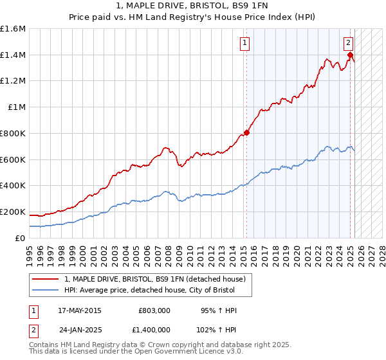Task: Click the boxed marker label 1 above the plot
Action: [x=245, y=44]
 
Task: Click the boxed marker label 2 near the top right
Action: [x=348, y=44]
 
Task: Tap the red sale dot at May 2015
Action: [x=246, y=133]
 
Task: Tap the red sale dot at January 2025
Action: [x=351, y=55]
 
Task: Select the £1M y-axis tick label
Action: [x=17, y=107]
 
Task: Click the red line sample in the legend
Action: [x=46, y=280]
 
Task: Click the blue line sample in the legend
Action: [x=46, y=291]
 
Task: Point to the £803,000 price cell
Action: [x=154, y=310]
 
